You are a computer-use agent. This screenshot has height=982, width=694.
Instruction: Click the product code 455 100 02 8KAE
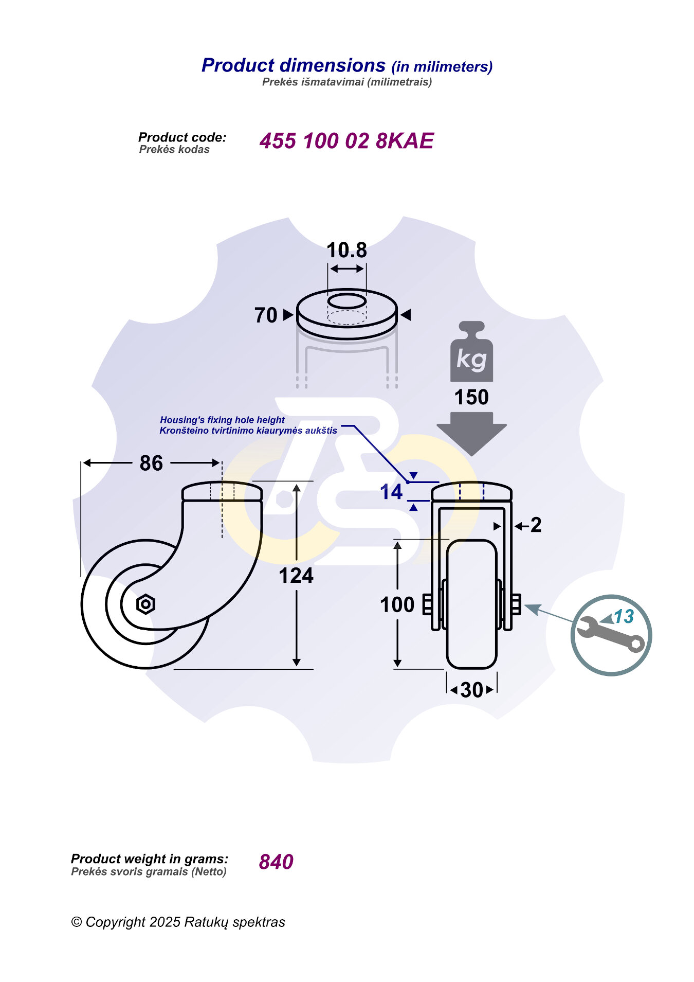tap(346, 141)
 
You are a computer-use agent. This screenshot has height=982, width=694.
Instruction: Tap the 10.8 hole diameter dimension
tap(346, 251)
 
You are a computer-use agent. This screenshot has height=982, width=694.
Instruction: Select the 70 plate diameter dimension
tap(266, 315)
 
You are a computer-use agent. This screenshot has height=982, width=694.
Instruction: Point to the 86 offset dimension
tap(151, 463)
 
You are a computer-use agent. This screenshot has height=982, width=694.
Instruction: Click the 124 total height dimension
tap(296, 576)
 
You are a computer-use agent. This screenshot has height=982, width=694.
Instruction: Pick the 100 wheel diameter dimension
tap(397, 604)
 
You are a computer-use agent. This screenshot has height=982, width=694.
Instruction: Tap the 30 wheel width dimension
tap(471, 690)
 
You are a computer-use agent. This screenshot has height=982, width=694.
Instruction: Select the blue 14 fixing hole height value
tap(391, 492)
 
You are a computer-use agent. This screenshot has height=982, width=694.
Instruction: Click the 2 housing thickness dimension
tap(536, 525)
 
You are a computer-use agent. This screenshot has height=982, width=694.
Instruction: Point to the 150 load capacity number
tap(471, 398)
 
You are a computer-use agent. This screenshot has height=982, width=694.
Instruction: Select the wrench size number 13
tap(624, 616)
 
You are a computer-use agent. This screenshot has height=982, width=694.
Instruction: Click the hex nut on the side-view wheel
tap(145, 604)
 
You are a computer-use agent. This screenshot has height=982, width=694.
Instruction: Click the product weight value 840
tap(276, 862)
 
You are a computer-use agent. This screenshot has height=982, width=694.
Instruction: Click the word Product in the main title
tap(238, 65)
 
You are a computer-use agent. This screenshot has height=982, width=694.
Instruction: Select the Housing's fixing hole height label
tap(222, 420)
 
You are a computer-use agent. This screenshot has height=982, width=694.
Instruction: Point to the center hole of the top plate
tap(347, 301)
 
